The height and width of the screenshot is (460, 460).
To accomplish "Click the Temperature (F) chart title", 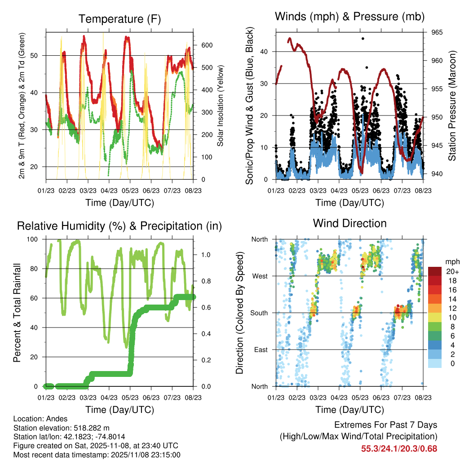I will [x=119, y=19].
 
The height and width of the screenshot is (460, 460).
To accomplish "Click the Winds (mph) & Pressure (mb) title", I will [x=349, y=17].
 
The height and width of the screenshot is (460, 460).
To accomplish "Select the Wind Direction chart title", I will [x=349, y=223].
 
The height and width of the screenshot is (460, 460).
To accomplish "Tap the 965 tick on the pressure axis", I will [x=437, y=32].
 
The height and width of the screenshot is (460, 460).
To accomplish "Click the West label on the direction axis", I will [x=260, y=276].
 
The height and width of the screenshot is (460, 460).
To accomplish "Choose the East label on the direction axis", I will [x=261, y=349].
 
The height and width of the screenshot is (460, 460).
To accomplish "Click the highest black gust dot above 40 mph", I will [x=363, y=39].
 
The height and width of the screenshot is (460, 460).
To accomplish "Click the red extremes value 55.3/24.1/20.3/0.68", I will [x=399, y=448].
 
